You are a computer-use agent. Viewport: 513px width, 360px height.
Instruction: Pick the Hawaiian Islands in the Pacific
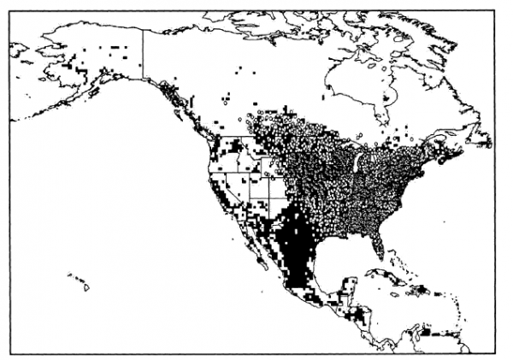point(81,281)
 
